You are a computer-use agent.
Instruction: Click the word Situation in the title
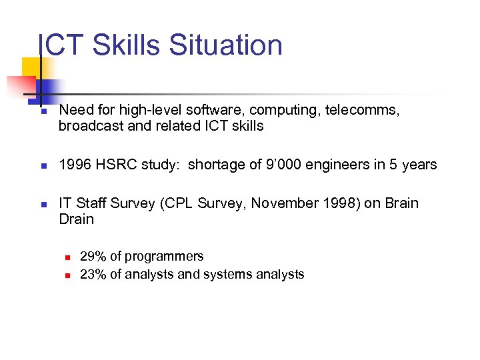tap(226, 45)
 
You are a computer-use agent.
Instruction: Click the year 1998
tap(341, 203)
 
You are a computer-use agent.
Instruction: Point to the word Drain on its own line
tap(76, 219)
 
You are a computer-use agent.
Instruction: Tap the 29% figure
tap(91, 256)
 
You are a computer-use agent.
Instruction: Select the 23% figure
tap(91, 274)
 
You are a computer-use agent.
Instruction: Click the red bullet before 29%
tap(67, 257)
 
